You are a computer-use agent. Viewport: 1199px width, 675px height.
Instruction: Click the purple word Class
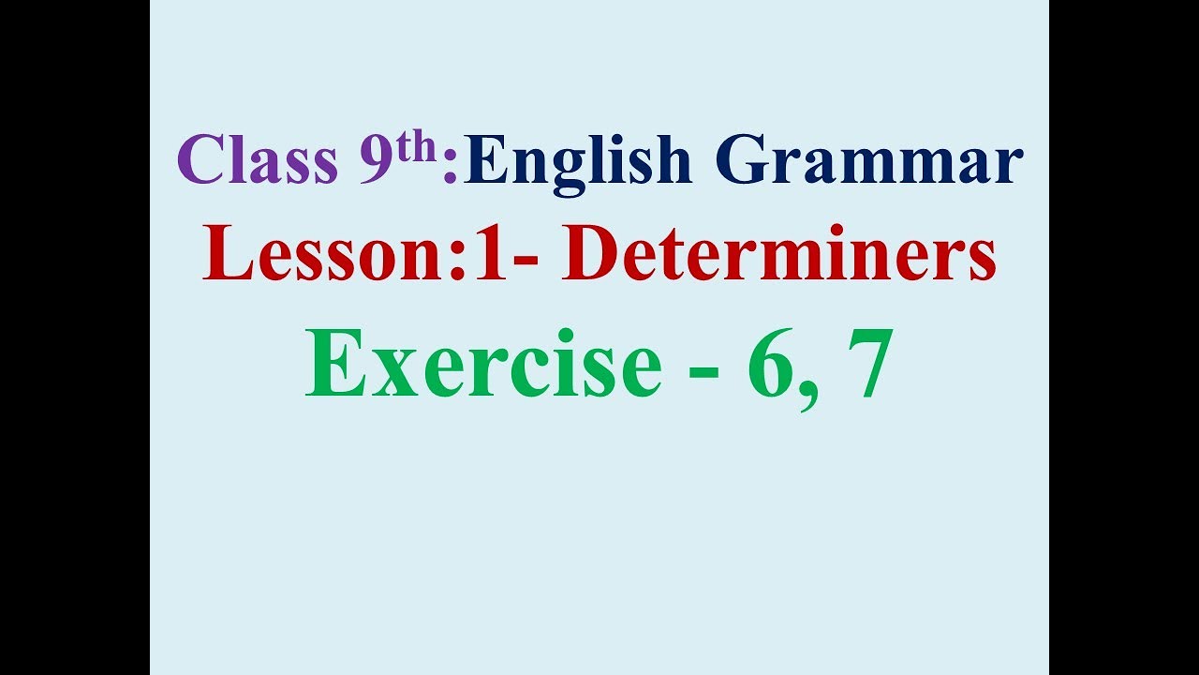[x=257, y=161]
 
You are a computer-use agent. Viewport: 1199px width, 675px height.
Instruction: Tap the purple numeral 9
[x=377, y=161]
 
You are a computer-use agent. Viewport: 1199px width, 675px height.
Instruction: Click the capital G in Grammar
[x=747, y=161]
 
